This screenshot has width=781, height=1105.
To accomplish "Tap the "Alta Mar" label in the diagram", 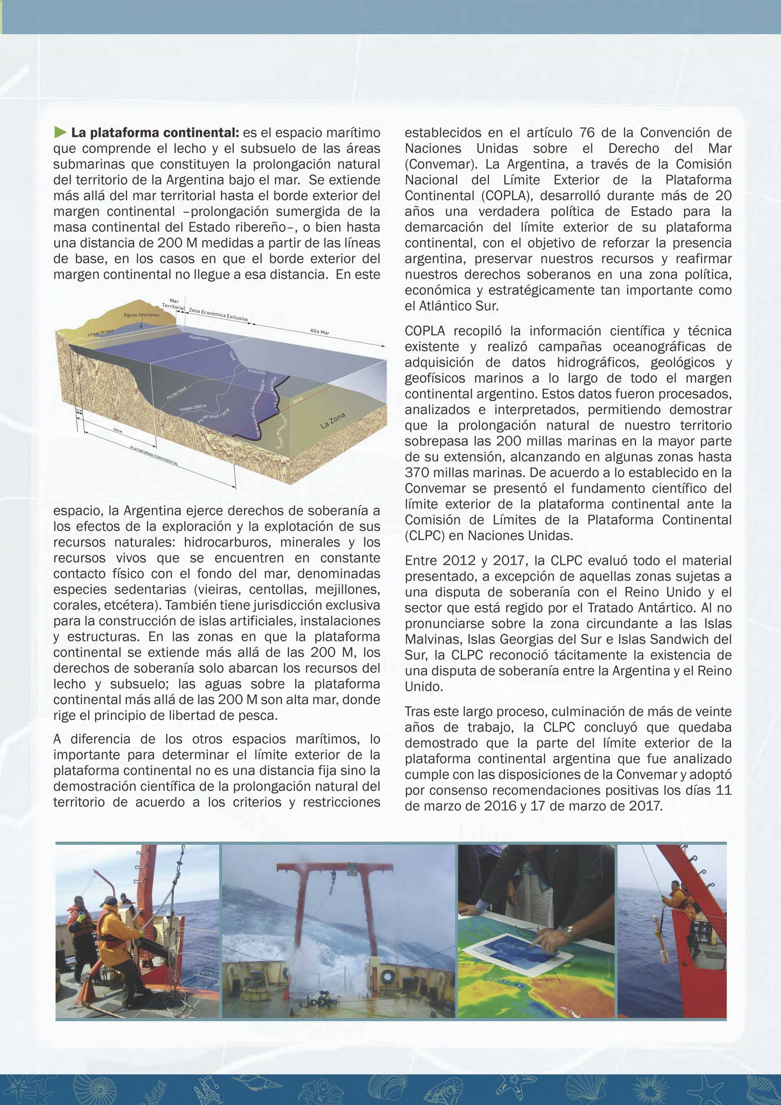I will tap(320, 332).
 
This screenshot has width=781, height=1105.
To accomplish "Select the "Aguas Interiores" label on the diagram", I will tap(141, 315).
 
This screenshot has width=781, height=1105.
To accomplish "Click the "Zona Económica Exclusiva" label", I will tap(218, 315).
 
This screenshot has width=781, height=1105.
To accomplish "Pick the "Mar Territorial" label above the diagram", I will tap(173, 304).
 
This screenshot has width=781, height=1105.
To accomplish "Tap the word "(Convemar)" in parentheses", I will tap(441, 164).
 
